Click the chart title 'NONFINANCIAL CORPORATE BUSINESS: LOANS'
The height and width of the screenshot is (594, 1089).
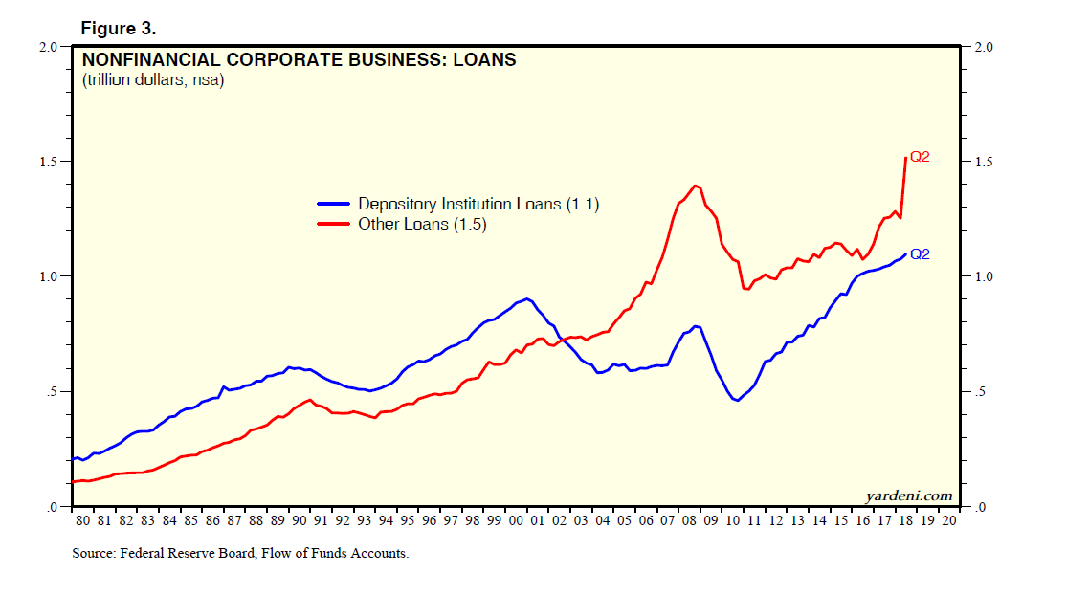click(299, 60)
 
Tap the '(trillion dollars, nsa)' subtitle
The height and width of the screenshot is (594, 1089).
click(153, 81)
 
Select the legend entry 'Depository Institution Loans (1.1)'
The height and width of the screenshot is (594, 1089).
click(478, 204)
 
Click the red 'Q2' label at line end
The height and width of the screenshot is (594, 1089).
click(920, 157)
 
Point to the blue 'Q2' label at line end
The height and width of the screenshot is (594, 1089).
click(920, 254)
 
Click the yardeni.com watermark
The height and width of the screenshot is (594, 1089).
click(908, 495)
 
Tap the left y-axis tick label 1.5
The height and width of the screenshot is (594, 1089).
click(50, 162)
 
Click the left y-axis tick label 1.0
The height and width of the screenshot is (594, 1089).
click(50, 276)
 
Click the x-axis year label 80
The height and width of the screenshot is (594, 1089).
click(83, 521)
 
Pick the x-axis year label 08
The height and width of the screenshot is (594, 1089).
click(689, 521)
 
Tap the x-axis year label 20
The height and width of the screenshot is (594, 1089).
click(948, 521)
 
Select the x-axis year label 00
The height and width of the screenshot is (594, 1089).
click(516, 521)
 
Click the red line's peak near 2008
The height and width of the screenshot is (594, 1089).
click(694, 186)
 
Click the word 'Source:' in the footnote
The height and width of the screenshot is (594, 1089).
click(94, 553)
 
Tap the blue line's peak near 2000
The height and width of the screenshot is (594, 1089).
click(527, 298)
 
